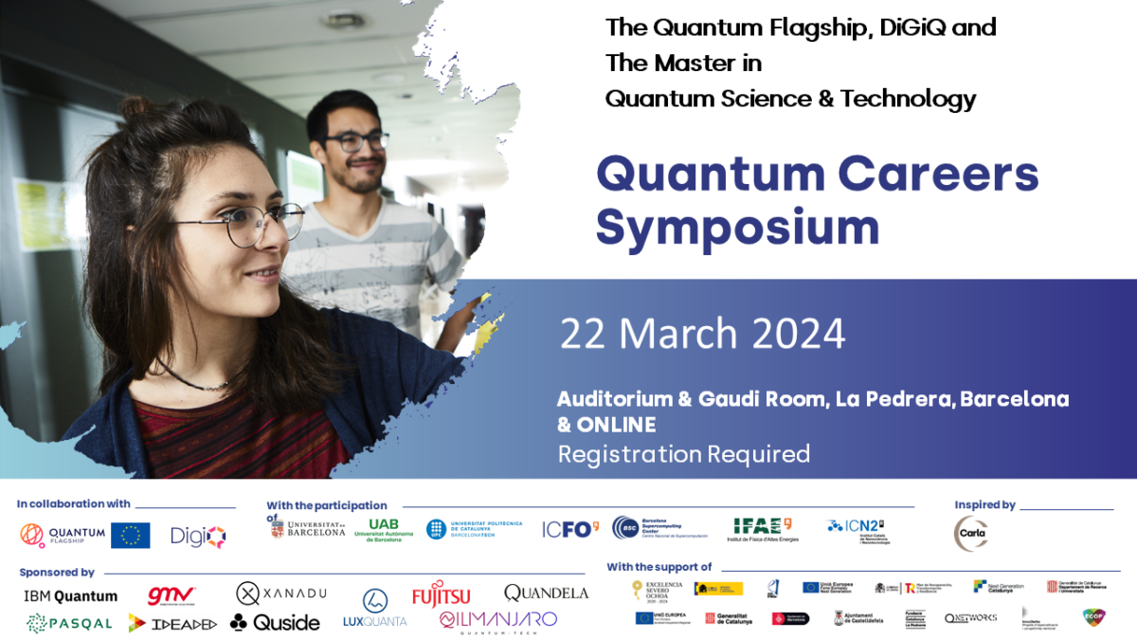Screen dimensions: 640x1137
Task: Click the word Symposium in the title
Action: pos(737,229)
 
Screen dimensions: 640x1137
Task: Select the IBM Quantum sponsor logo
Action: pos(70,596)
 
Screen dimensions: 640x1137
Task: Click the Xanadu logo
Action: pos(281,594)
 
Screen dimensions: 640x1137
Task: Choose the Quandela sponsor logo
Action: pos(546,593)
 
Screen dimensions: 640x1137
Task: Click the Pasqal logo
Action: pos(69,623)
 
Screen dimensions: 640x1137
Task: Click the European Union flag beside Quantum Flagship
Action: pos(130,536)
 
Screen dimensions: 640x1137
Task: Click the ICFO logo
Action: pos(569,529)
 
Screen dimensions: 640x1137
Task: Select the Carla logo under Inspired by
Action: pos(970,534)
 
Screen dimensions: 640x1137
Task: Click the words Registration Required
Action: pos(683,454)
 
